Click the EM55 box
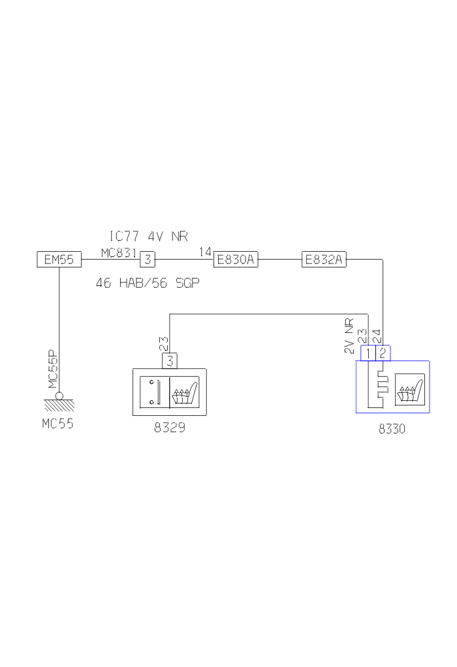click(59, 260)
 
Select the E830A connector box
click(236, 260)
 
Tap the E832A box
click(324, 260)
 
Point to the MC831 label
click(118, 252)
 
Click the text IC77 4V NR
click(148, 236)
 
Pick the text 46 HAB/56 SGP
click(148, 283)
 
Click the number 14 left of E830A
click(205, 252)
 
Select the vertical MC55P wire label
click(53, 369)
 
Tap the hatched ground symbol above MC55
click(59, 405)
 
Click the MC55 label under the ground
click(58, 423)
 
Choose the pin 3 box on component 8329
click(170, 360)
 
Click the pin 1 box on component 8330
click(368, 354)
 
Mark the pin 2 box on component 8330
click(383, 354)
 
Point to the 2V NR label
click(349, 336)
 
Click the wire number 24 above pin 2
click(377, 336)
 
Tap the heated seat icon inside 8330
click(409, 390)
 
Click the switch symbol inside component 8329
click(155, 392)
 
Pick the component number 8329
click(170, 428)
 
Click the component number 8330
click(392, 430)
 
